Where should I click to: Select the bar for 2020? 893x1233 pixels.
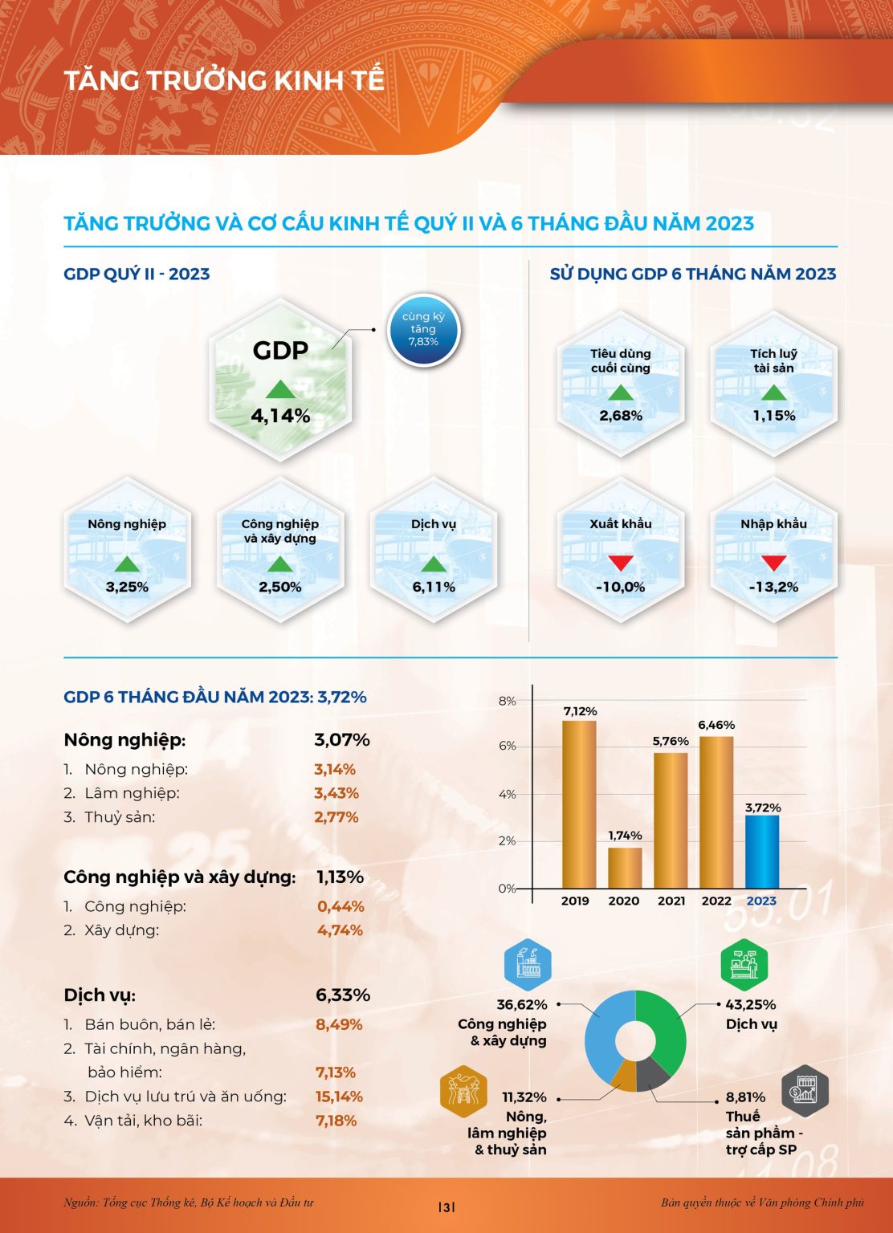(625, 867)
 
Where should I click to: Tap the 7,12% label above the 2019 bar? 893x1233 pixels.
(580, 711)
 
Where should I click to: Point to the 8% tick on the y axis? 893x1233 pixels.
(507, 701)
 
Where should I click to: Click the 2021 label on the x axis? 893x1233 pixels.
(671, 901)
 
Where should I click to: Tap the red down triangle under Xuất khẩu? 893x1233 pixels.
(621, 563)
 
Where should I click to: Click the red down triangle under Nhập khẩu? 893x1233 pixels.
(773, 563)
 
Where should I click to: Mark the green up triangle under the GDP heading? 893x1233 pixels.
(280, 389)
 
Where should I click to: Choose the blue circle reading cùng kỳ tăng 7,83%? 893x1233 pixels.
(423, 329)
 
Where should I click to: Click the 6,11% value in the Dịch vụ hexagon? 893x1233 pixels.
(434, 587)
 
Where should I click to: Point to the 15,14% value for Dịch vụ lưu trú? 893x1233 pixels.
(339, 1097)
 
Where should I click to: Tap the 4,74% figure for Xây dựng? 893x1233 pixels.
(340, 930)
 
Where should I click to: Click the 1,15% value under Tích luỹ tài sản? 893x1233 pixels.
(773, 416)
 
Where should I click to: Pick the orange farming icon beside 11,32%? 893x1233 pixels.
(463, 1092)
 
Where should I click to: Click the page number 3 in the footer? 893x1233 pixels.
(446, 1207)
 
